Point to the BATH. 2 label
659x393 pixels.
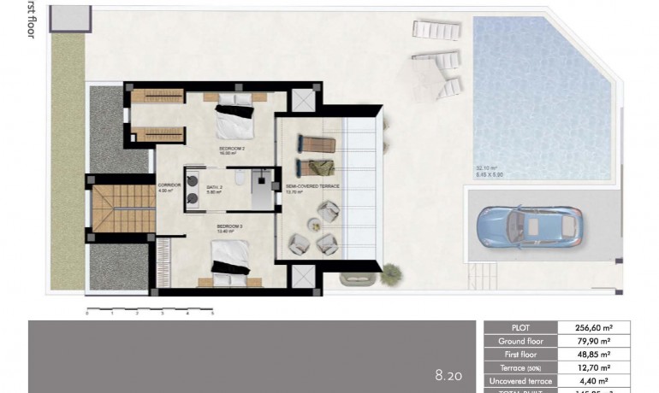(213, 189)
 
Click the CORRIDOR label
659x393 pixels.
(169, 187)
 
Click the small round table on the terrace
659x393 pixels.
(313, 226)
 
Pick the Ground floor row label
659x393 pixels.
(520, 341)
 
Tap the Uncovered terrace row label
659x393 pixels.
(520, 381)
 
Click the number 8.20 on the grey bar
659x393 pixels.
(448, 374)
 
